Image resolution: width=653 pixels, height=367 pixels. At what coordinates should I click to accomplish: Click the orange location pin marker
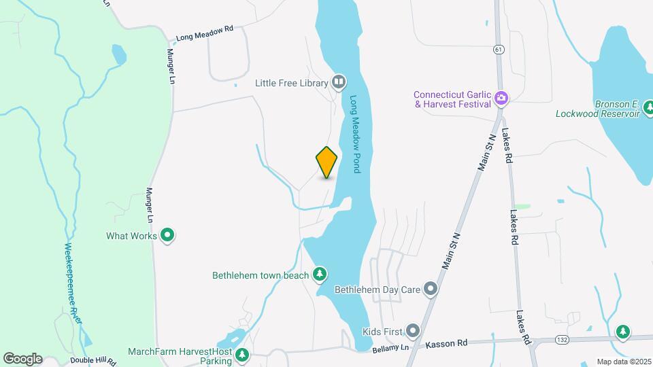coord(327,162)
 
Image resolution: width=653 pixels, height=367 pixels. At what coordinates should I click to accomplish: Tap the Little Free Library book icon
coord(339,83)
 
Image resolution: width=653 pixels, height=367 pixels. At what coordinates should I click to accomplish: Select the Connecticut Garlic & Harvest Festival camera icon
coord(501,99)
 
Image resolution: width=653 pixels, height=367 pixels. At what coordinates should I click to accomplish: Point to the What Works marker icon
coord(167,236)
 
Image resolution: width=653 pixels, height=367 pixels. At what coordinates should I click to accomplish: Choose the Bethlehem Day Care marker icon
coord(430,290)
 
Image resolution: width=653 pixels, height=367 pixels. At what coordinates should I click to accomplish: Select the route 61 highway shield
coord(499,49)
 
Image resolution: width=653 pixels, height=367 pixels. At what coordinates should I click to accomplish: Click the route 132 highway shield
coord(542,338)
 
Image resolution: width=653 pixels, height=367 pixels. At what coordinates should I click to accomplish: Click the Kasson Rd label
coord(447,345)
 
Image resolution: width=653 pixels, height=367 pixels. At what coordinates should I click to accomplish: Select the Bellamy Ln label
coord(390,349)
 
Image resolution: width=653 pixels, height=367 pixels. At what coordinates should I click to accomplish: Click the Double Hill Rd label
coord(88,362)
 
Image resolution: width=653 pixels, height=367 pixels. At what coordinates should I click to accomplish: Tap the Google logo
coord(22,358)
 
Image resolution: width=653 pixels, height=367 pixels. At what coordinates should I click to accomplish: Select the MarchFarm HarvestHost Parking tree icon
coord(241,355)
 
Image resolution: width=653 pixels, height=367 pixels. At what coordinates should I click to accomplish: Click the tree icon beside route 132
coord(622,332)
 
